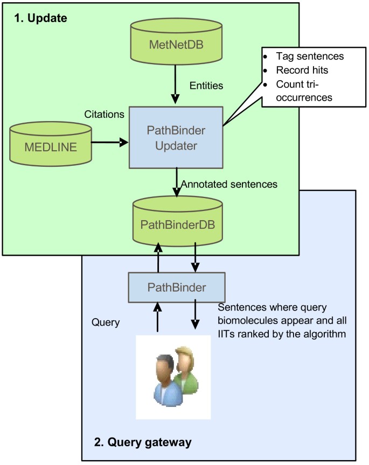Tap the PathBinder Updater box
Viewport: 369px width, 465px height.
click(176, 137)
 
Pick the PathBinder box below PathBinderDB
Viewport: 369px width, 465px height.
click(177, 287)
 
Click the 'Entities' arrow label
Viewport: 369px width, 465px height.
click(207, 85)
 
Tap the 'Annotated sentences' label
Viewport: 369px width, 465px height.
click(229, 184)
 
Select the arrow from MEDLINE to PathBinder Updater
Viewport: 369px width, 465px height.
click(111, 143)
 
